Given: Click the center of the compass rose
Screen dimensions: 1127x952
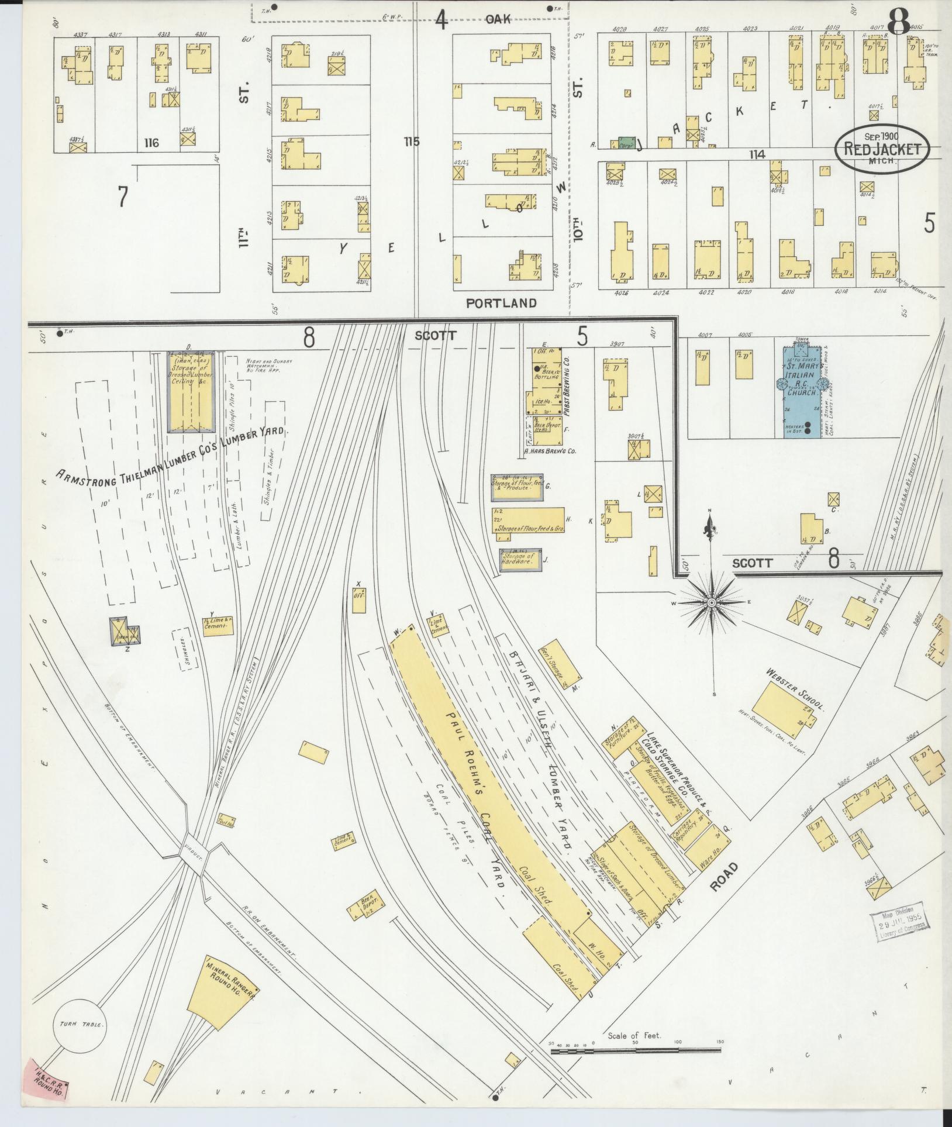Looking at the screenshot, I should click(712, 603).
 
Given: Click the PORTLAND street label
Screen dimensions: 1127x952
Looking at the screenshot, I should click(501, 303).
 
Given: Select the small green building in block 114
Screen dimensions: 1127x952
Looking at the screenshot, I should click(626, 143).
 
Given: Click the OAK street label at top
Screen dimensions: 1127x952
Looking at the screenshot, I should click(498, 19).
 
